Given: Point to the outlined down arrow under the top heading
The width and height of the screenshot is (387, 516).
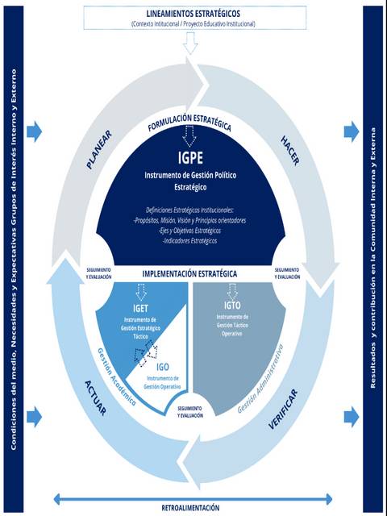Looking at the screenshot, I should click(x=190, y=45).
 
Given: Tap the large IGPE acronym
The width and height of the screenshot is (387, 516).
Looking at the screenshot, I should click(x=190, y=157).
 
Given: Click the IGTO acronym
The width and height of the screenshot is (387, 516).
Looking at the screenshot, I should click(x=232, y=306).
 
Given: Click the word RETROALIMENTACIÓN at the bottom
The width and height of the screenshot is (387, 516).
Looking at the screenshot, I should click(x=191, y=509).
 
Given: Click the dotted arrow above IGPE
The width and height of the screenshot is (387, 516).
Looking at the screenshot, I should click(x=190, y=136).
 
